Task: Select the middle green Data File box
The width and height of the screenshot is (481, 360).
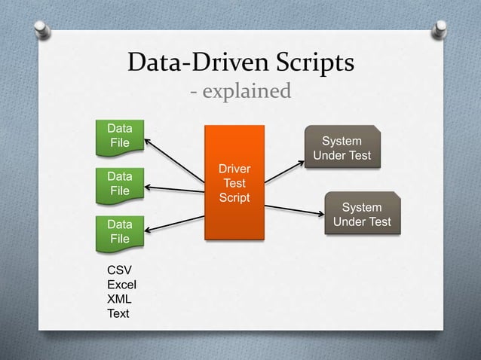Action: coord(118,183)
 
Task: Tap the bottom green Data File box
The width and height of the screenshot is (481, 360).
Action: coord(118,231)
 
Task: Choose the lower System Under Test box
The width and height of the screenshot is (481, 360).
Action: coord(362,215)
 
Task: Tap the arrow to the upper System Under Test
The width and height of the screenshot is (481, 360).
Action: coord(285,171)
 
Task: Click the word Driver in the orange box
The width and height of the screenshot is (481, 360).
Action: coord(234,168)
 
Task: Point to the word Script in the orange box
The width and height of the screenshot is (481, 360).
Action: coord(234,197)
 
